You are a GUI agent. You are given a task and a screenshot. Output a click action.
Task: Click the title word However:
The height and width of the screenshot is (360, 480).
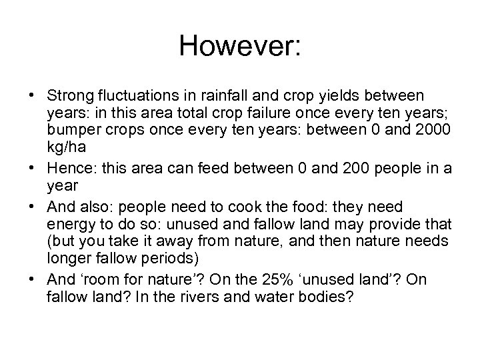pos(241,46)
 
